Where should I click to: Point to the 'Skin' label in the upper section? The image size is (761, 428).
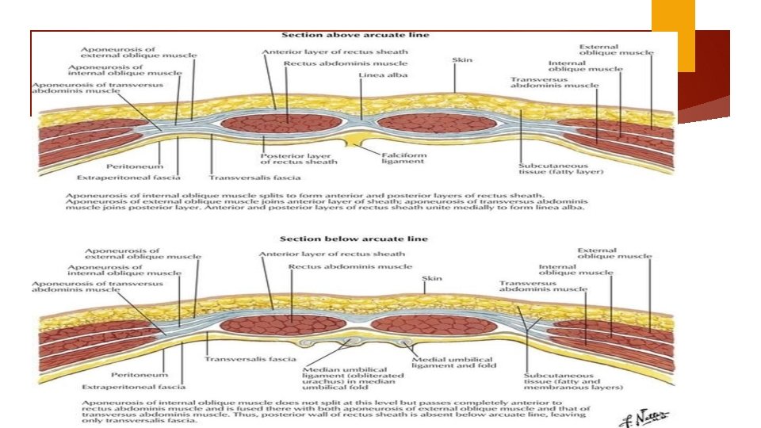462,60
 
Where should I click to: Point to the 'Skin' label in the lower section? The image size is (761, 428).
433,279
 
